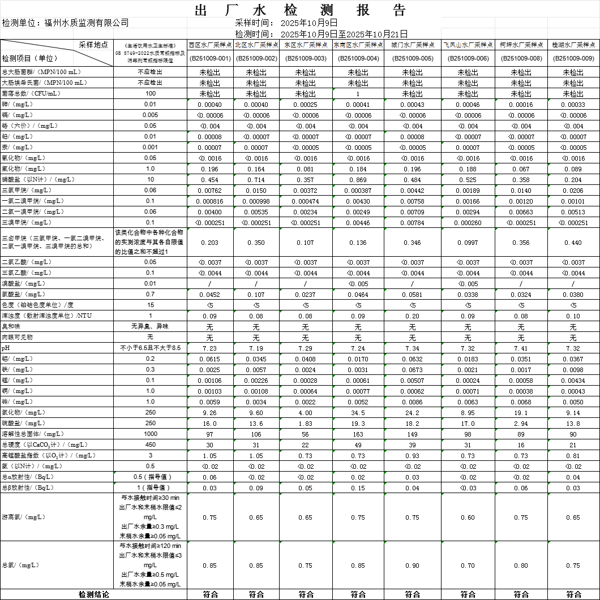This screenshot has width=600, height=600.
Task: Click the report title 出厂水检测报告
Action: click(300, 10)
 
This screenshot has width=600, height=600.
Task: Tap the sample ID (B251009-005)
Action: click(413, 58)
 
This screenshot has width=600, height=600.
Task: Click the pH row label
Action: click(7, 348)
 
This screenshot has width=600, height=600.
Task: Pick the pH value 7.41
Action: click(521, 348)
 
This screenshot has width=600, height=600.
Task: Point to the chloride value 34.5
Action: click(358, 413)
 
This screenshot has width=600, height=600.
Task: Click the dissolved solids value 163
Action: click(358, 434)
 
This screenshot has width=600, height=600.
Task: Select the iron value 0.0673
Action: click(413, 370)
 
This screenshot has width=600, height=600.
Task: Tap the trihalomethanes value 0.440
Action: click(573, 243)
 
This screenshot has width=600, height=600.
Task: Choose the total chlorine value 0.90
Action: click(413, 566)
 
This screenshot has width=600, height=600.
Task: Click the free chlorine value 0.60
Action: click(468, 517)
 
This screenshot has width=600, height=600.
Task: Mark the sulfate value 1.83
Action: click(306, 424)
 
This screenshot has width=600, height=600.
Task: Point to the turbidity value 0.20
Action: click(413, 316)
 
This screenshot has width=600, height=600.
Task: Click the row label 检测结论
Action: click(93, 594)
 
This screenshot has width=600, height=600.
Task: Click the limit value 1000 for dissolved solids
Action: click(151, 434)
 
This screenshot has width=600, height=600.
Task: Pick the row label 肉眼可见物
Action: click(18, 338)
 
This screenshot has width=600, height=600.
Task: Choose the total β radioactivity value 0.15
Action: click(358, 488)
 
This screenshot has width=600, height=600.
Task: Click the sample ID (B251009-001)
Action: click(209, 58)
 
